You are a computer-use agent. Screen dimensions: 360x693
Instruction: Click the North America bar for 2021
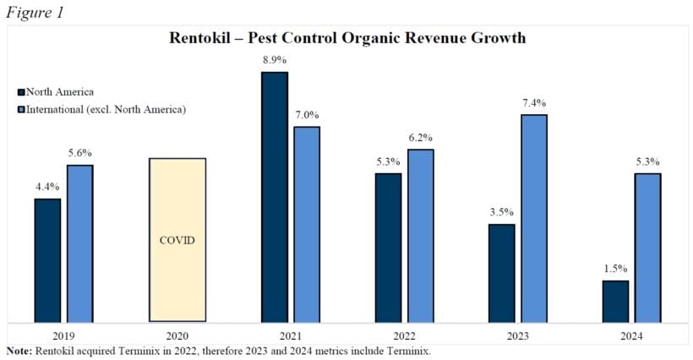point(275,197)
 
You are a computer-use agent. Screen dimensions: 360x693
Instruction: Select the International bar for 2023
point(534,218)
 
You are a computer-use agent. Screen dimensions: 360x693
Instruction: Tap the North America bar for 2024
point(615,301)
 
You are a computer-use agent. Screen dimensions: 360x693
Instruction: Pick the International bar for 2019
point(79,243)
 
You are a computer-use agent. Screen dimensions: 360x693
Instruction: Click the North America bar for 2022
point(388,248)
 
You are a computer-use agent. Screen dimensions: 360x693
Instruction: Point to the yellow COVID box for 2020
point(177,240)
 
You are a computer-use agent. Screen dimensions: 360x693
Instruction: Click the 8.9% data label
point(275,60)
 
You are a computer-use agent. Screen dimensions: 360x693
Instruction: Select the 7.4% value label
point(534,102)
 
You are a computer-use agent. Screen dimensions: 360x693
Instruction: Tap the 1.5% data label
point(615,269)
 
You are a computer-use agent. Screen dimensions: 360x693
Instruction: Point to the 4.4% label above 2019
point(47,187)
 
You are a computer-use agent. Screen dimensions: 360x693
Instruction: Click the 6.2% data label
point(420,137)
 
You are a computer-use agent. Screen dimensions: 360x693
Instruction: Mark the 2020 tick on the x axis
point(177,335)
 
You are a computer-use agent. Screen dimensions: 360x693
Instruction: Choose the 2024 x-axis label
point(630,335)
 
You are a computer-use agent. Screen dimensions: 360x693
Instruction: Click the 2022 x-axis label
point(404,335)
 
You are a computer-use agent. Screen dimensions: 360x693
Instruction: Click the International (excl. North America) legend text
point(106,109)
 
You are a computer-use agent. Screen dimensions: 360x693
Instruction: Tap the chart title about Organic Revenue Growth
point(346,38)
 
